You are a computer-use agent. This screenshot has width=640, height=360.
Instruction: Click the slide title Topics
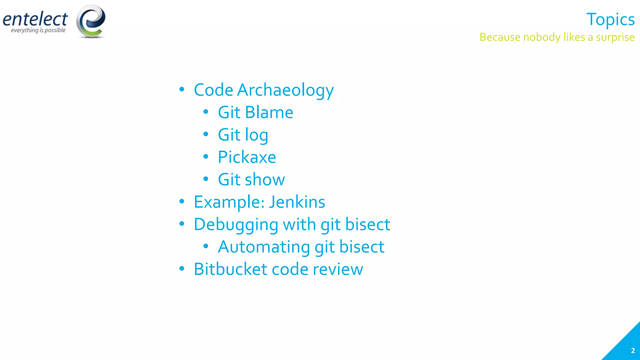(x=610, y=19)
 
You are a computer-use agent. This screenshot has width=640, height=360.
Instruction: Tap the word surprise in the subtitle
(x=615, y=37)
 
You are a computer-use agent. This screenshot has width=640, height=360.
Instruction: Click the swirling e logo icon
(x=91, y=21)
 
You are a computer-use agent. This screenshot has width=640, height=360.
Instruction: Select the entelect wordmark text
(x=35, y=19)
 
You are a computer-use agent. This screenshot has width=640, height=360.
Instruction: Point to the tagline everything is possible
(x=38, y=30)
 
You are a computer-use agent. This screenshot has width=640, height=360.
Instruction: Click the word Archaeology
(x=285, y=90)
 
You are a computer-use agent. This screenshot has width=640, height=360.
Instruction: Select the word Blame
(x=269, y=112)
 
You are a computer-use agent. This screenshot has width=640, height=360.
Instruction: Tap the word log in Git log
(x=256, y=135)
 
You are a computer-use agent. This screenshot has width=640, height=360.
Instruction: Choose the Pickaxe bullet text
(x=247, y=157)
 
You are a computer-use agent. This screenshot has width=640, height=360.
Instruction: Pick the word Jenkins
(x=297, y=202)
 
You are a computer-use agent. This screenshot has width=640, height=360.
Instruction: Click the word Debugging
(x=236, y=225)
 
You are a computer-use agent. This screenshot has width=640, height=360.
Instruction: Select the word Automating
(x=264, y=247)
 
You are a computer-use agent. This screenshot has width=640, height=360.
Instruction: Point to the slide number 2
(x=633, y=351)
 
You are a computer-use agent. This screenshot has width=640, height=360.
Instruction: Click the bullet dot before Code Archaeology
(x=182, y=90)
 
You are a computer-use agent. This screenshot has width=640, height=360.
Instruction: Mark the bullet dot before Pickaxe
(x=206, y=157)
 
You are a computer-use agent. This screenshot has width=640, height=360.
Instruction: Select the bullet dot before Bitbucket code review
(x=182, y=269)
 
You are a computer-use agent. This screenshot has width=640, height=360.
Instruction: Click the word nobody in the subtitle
(x=542, y=37)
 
